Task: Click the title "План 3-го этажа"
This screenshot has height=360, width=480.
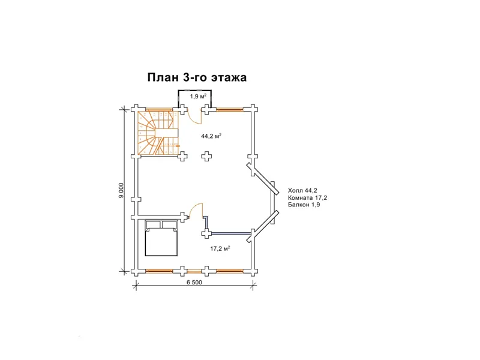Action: (197, 77)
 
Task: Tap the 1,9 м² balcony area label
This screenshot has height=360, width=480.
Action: (199, 97)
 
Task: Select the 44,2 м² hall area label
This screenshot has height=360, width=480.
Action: (211, 136)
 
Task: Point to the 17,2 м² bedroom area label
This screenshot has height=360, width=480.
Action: (220, 248)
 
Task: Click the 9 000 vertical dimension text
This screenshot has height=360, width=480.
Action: (122, 191)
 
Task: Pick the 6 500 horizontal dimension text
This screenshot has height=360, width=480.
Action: (194, 282)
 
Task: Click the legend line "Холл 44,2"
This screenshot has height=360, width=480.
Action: (302, 191)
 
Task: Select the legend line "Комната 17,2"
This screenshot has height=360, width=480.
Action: (307, 198)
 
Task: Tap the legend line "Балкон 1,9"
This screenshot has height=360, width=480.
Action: (304, 205)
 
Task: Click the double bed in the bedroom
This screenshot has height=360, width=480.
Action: (161, 238)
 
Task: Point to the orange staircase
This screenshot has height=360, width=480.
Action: (158, 133)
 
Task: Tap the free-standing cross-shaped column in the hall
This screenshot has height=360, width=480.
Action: (207, 156)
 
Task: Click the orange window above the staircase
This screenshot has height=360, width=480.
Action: (159, 109)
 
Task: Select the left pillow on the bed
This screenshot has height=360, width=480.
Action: (153, 224)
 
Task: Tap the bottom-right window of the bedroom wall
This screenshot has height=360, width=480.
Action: (230, 271)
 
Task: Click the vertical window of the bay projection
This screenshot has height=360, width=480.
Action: (272, 202)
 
